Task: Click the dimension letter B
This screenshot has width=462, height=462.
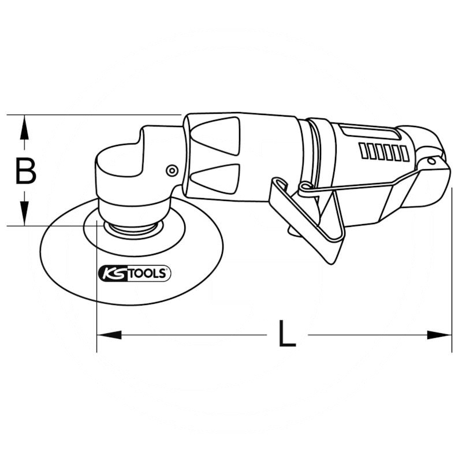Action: click(25, 172)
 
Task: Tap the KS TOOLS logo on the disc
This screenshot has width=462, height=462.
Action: click(135, 273)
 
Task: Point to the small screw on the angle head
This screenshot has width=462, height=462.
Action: click(170, 170)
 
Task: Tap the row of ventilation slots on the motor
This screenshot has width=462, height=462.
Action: click(381, 151)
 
